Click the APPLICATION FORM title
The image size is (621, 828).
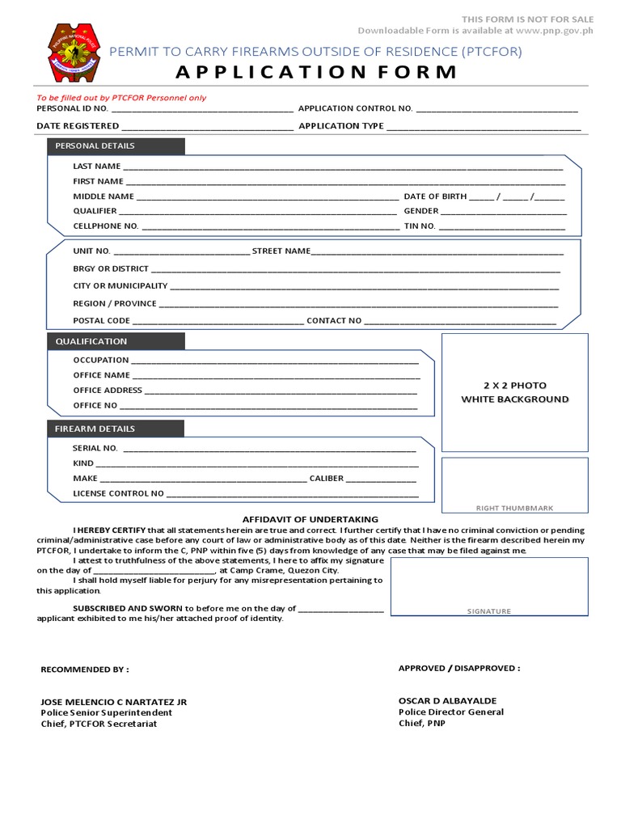tap(316, 72)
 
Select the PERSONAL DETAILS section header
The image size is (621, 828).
tap(95, 146)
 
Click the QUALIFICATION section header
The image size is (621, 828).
tap(91, 341)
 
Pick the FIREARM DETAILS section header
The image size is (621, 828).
tap(95, 429)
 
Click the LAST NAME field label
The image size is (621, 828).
tap(96, 166)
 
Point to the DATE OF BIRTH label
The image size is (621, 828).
tap(435, 196)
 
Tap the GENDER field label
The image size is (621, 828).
tap(420, 211)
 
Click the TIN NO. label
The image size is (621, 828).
tap(420, 226)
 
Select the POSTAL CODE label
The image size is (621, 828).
tap(101, 321)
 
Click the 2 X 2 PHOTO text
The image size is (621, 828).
tap(514, 386)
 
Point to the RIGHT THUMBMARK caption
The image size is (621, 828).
tap(514, 508)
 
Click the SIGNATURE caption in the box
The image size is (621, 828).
tap(489, 611)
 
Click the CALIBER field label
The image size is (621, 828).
tap(327, 479)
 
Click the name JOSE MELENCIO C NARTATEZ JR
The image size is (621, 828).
tap(113, 702)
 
